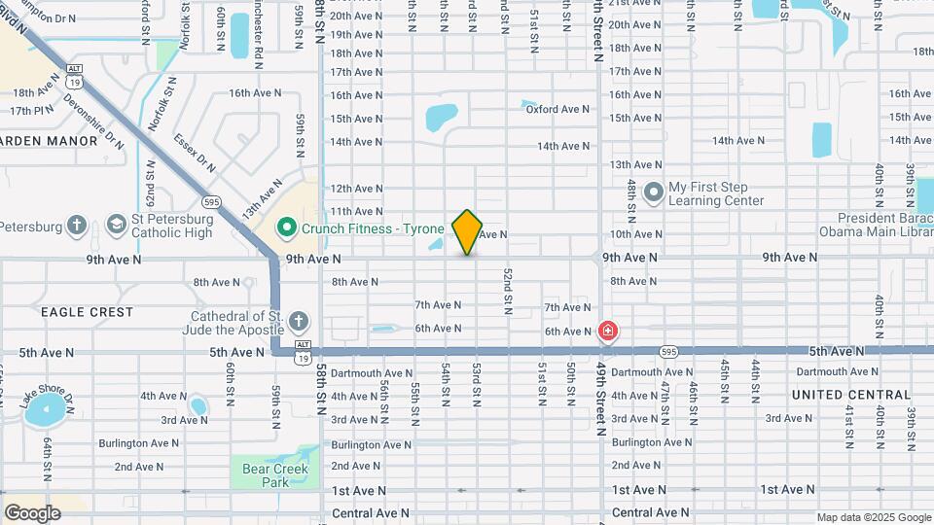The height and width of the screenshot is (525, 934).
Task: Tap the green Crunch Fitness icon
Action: [x=286, y=229]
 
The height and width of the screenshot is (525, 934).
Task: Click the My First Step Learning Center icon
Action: [x=653, y=192]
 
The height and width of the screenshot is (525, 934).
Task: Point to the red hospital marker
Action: [x=608, y=332]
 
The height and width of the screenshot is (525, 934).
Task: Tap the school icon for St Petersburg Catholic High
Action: [x=118, y=225]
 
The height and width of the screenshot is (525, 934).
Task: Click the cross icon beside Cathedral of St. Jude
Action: [x=299, y=322]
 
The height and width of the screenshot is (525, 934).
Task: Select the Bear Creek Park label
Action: [x=275, y=474]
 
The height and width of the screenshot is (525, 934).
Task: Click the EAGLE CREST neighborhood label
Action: [x=87, y=312]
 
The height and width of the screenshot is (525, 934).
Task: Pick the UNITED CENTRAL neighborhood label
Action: [x=851, y=395]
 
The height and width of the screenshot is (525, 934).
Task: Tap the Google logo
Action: [x=32, y=512]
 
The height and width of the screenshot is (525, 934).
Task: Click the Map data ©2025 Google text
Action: [x=874, y=517]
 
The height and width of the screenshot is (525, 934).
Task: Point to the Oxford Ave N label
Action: [x=557, y=109]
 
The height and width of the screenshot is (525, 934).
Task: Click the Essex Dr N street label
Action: [x=195, y=152]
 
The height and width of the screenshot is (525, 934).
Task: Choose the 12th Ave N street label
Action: [x=355, y=188]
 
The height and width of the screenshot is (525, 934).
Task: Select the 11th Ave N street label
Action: [x=355, y=211]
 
